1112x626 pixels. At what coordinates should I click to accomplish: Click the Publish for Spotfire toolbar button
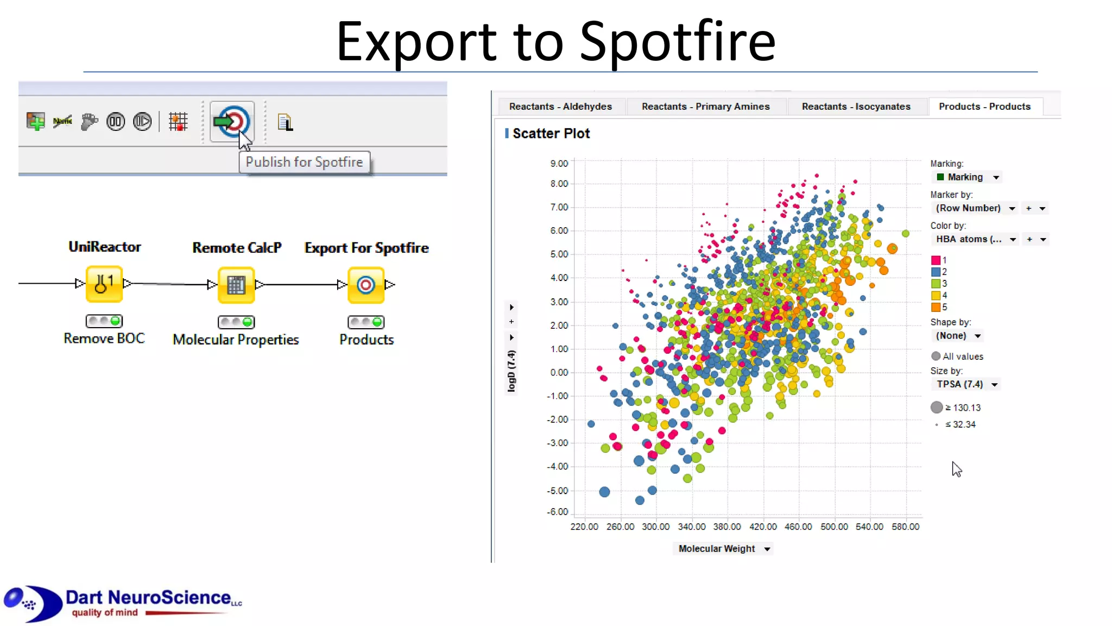(232, 122)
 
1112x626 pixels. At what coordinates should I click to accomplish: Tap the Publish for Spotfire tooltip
(304, 162)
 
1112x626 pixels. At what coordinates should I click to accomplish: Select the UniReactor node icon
(104, 284)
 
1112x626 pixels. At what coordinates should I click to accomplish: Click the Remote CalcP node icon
(236, 285)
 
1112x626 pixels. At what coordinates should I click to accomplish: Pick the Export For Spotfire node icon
(366, 285)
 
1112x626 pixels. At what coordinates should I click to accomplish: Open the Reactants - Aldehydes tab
(560, 107)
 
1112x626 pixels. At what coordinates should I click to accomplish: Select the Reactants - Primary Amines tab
(705, 107)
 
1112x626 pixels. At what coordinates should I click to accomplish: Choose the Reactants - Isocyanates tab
(856, 107)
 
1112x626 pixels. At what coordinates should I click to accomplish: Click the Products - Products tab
(984, 107)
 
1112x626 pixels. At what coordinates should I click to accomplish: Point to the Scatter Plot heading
(551, 134)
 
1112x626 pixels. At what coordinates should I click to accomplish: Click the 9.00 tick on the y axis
(559, 164)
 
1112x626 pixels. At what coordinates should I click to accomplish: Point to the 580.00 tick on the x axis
(905, 527)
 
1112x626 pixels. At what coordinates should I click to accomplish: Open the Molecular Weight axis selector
(724, 549)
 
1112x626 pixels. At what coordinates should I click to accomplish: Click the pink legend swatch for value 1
(936, 260)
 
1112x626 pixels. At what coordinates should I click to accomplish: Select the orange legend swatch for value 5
(936, 307)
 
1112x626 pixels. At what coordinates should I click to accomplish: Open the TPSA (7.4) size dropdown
(966, 384)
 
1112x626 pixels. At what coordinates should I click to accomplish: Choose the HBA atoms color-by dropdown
(975, 239)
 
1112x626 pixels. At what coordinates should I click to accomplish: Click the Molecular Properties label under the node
(236, 340)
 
